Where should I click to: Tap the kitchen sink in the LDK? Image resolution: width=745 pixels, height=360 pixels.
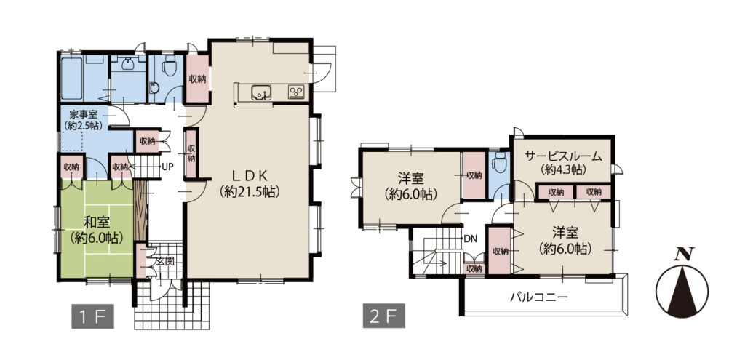pos(261,92)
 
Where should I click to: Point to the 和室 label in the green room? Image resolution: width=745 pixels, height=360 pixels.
pos(96,221)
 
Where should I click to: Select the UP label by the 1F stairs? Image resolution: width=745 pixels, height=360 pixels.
pos(167,167)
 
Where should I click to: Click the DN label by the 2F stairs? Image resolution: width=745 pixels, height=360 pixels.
pos(471,238)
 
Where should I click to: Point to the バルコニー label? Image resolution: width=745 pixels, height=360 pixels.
pos(539,297)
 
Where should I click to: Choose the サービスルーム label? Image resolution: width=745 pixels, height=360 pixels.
pos(564,156)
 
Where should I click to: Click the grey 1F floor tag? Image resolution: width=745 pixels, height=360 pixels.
pos(92,316)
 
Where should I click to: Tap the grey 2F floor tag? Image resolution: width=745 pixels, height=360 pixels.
pos(384,316)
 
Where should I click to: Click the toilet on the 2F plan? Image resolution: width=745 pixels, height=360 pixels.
pos(498,164)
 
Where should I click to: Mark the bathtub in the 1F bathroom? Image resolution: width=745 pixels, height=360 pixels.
pos(72,79)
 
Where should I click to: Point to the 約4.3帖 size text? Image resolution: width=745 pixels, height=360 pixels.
pos(563,169)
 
